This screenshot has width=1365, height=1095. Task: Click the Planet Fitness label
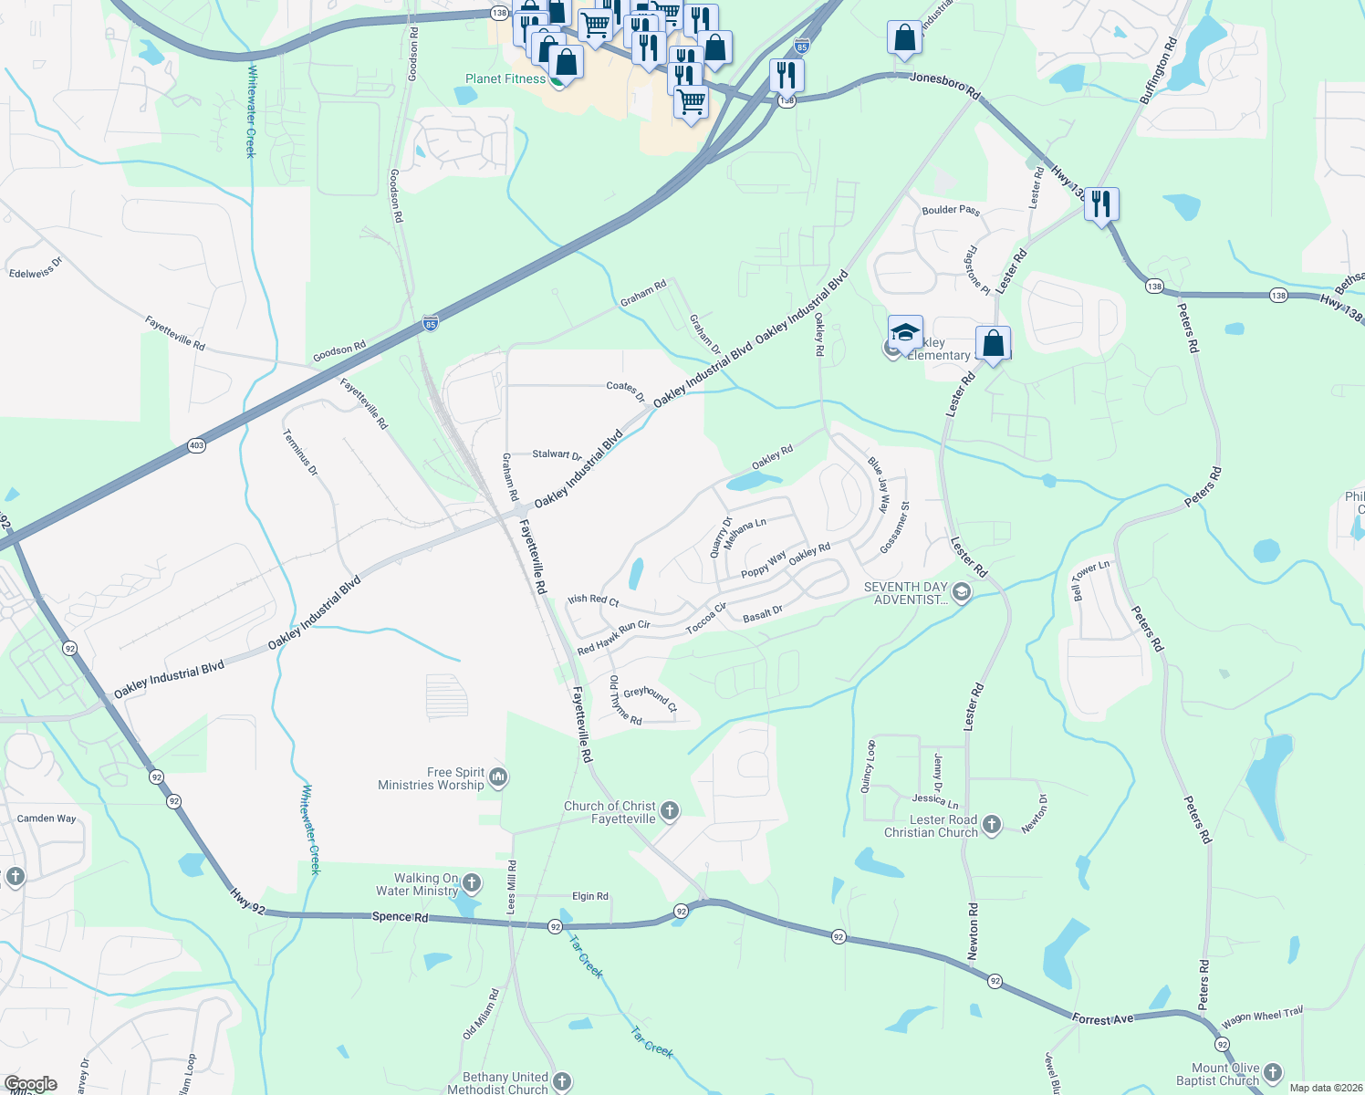tap(505, 79)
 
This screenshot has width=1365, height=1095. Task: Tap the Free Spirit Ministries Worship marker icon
tap(498, 777)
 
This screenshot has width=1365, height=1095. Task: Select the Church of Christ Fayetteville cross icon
tap(670, 810)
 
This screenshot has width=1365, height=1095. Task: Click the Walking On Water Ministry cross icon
tap(472, 882)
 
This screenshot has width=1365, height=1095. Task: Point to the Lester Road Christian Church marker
tap(992, 824)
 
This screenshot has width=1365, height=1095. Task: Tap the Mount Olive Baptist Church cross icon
tap(1273, 1073)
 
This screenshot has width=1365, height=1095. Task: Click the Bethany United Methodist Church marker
tap(562, 1082)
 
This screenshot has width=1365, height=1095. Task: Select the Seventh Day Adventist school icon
tap(961, 593)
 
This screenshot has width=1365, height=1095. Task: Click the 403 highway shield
tap(197, 445)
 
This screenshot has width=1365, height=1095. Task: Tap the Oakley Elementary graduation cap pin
tap(905, 333)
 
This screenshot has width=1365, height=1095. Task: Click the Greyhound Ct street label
tap(651, 698)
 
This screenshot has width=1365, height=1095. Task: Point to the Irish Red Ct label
tap(593, 600)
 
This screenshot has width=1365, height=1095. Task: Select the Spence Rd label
tap(400, 916)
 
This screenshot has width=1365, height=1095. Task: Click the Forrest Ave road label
tap(1102, 1019)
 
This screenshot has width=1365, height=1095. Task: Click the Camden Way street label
tap(47, 819)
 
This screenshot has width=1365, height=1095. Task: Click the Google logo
tap(31, 1084)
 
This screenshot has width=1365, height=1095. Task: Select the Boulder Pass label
tap(951, 210)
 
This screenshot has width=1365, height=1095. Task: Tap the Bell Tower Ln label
tap(1090, 579)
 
